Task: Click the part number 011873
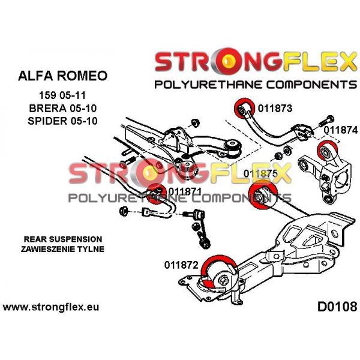[x=275, y=109]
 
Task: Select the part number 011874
[x=341, y=128]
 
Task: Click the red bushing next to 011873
[x=244, y=109]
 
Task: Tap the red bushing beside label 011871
[x=157, y=195]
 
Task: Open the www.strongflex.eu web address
[x=51, y=307]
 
